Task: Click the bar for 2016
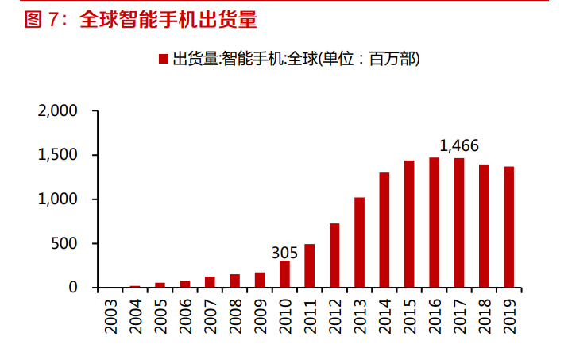pos(434,223)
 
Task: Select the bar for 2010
pos(284,274)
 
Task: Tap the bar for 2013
pos(359,242)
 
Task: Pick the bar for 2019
pos(508,227)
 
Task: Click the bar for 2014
pos(384,230)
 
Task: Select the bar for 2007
pos(210,282)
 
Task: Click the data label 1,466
pos(459,145)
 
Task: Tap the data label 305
pos(284,253)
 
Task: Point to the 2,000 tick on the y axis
pos(57,111)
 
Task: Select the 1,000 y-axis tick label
pos(57,199)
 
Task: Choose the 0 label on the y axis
pos(73,288)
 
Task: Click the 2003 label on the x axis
pos(110,314)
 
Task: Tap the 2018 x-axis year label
pos(484,314)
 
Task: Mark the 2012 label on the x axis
pos(334,314)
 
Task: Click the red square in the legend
pos(163,59)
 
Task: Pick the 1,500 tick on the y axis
pos(57,155)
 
